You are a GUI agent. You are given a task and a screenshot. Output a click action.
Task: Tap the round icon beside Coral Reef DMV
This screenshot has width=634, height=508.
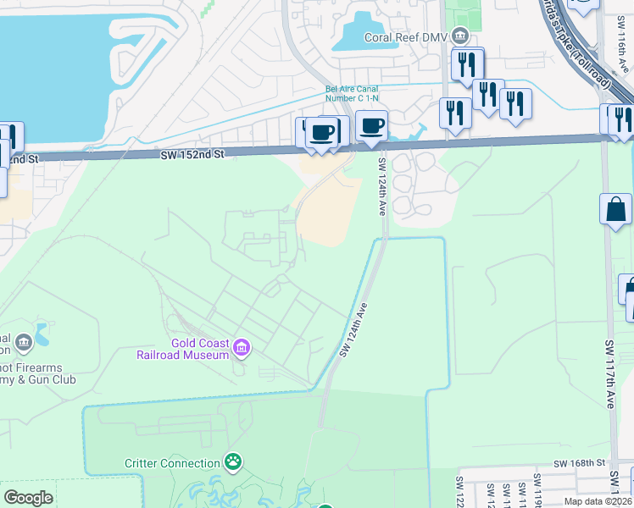tap(460, 36)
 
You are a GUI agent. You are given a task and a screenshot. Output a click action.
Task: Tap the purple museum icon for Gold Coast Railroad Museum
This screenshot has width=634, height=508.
tap(242, 346)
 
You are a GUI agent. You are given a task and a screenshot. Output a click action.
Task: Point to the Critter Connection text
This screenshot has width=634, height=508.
tap(172, 463)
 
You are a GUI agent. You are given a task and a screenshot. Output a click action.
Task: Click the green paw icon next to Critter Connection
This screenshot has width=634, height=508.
tap(232, 462)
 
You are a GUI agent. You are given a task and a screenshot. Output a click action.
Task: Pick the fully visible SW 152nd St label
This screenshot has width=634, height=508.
tap(192, 154)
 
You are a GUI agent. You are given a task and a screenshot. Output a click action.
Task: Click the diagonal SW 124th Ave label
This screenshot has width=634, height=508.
tap(354, 329)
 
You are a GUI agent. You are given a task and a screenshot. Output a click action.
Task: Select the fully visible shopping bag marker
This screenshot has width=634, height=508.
tap(615, 209)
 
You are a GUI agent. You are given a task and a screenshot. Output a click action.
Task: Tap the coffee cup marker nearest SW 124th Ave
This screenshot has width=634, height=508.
tap(371, 127)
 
